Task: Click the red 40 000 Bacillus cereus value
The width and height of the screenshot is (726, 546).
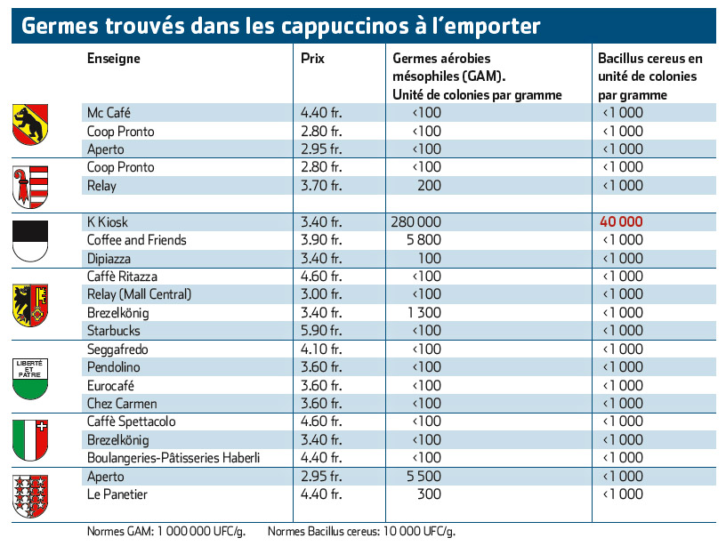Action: [x=621, y=222]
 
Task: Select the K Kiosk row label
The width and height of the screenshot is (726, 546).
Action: [x=108, y=222]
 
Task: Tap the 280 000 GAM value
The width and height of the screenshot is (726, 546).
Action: [x=415, y=222]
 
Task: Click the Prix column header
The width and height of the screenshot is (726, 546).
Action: [x=312, y=59]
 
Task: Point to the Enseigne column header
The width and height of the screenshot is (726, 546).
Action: [x=114, y=59]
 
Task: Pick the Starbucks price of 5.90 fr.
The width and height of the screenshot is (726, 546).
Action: [x=321, y=331]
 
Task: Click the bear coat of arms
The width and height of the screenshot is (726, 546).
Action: [x=30, y=124]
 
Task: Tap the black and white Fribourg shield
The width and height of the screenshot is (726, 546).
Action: [x=30, y=241]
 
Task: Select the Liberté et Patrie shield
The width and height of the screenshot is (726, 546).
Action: [x=30, y=379]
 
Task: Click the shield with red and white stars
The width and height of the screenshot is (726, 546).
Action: [x=30, y=496]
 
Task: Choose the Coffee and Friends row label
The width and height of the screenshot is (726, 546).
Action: [x=137, y=240]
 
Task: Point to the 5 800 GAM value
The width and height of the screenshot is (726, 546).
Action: [x=423, y=240]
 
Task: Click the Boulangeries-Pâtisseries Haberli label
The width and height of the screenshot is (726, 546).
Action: [x=173, y=458]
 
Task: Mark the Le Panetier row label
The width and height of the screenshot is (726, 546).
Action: [x=117, y=494]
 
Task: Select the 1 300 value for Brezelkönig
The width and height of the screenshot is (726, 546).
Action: [x=424, y=313]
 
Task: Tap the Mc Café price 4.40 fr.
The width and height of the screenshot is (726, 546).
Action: [x=321, y=113]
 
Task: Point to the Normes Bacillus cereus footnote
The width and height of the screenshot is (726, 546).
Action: [x=361, y=531]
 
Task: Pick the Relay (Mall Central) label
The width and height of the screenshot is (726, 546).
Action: [x=139, y=294]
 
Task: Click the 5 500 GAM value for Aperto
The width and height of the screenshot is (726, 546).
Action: [x=423, y=477]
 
